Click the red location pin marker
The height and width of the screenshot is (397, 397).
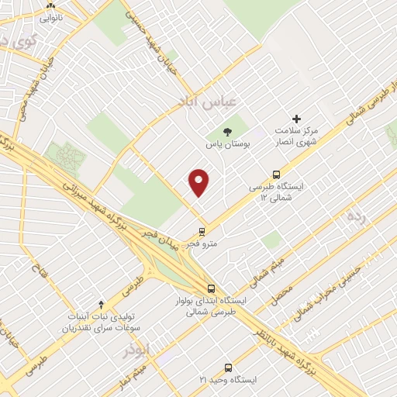[199, 181]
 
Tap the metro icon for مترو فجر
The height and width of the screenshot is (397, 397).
[202, 231]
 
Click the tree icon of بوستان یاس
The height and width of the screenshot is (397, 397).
[227, 132]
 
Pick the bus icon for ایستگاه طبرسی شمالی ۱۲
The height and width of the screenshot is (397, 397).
[277, 174]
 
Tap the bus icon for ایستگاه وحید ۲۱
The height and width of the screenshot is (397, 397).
[227, 367]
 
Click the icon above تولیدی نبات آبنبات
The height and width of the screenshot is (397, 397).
[99, 304]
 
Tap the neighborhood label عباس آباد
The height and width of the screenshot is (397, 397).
[201, 102]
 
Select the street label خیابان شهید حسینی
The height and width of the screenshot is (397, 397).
[155, 40]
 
